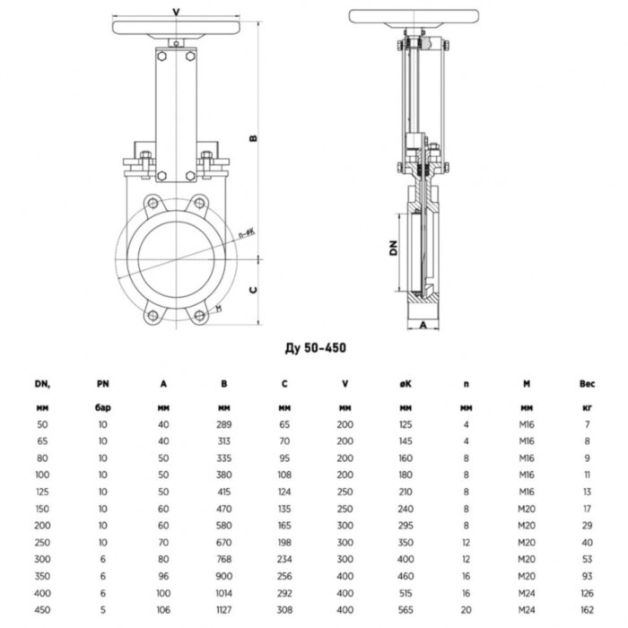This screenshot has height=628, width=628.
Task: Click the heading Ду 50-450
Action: [x=313, y=346]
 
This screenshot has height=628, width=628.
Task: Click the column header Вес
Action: [x=587, y=385]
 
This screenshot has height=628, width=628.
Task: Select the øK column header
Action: [x=405, y=385]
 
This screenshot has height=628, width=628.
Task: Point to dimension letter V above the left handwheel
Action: [x=174, y=12]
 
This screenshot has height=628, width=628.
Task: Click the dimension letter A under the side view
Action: [x=423, y=327]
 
